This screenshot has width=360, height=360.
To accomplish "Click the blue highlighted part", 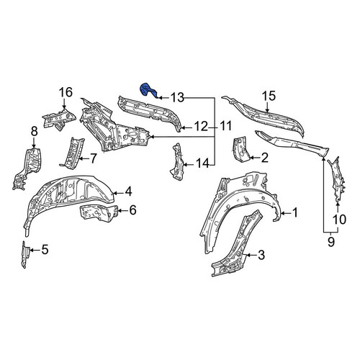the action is click(x=148, y=91).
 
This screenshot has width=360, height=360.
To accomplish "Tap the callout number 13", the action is click(x=177, y=97).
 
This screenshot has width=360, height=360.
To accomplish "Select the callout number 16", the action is click(x=66, y=92).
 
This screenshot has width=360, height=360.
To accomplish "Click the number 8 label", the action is click(x=34, y=132).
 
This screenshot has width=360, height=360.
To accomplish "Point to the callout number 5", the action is click(x=45, y=250).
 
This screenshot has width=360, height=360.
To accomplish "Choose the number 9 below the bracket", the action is click(x=330, y=242).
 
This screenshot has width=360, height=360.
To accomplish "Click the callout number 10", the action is click(x=339, y=220).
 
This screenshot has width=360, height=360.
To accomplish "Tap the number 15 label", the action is click(x=269, y=96).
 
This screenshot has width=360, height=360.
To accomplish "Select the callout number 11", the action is click(x=225, y=126).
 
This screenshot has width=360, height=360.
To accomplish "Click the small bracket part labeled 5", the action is click(x=25, y=254).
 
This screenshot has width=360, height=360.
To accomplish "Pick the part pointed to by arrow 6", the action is click(x=99, y=212).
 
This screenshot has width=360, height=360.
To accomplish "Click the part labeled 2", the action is click(x=240, y=149).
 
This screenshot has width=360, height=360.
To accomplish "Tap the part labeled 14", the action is click(x=177, y=161).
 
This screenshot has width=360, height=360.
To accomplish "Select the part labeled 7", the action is click(x=72, y=153).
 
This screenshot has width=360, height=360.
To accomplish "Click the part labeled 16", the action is click(x=59, y=119).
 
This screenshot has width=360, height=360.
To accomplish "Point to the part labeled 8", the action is click(x=28, y=168).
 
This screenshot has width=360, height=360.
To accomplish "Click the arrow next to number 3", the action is click(x=250, y=255).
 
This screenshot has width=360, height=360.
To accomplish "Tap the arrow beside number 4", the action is click(x=118, y=192).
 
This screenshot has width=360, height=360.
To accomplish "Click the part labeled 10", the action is click(x=338, y=179).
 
